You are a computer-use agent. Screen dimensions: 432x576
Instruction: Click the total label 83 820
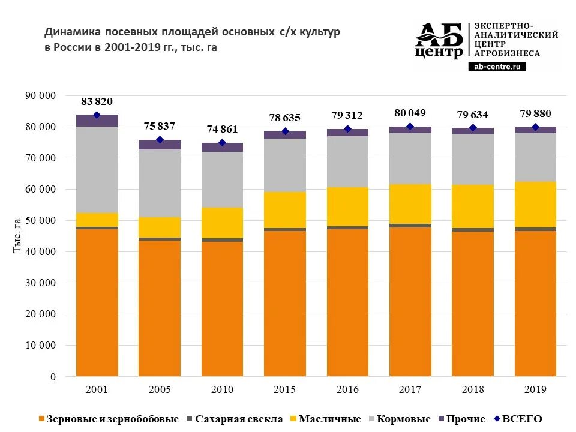click(x=97, y=101)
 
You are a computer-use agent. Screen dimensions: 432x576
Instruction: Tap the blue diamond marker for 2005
click(x=160, y=140)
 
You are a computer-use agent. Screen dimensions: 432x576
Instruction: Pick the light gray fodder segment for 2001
click(x=97, y=169)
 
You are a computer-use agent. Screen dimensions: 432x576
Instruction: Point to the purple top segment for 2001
click(x=97, y=121)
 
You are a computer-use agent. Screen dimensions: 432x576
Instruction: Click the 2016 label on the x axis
click(x=347, y=390)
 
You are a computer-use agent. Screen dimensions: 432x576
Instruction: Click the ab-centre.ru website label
click(x=497, y=67)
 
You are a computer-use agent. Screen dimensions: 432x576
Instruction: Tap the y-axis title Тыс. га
click(x=17, y=235)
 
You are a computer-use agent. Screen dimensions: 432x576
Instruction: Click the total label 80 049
click(x=410, y=112)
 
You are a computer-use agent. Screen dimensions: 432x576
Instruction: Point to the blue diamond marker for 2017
click(x=410, y=127)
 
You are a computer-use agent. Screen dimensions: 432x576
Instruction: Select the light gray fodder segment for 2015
click(x=285, y=165)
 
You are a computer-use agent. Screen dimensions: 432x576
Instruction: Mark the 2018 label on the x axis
click(x=473, y=390)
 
